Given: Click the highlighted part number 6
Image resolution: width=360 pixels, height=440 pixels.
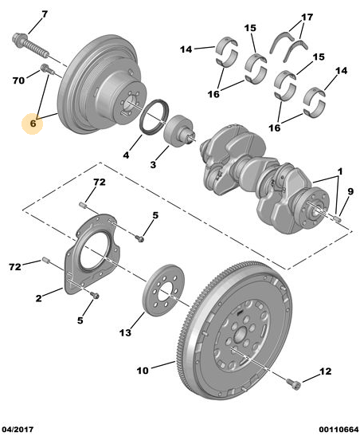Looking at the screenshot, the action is point(33,124).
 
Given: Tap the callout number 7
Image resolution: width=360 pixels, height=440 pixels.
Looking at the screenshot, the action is point(45,14).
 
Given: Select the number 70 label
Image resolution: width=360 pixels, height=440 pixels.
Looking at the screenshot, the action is point(18,81).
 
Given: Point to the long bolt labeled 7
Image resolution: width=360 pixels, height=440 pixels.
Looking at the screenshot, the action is point(30,45).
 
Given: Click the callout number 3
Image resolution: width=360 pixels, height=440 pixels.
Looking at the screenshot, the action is point(153,164).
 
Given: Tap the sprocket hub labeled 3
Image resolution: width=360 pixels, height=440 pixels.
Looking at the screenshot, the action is point(179,131).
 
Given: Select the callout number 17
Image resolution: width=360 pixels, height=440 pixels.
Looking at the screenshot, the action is point(307,18).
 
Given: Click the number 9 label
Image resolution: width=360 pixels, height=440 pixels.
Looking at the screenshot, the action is point(350,191).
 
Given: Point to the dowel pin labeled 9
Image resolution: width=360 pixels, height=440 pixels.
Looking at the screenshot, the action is point(337,218).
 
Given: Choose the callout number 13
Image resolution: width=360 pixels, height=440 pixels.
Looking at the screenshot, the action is point(125,333).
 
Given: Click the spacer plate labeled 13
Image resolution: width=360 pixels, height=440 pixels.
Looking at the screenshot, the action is point(163,290).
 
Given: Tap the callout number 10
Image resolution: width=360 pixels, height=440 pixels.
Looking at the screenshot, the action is point(143,371).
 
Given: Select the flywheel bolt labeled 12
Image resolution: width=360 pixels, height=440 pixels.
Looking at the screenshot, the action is point(294,383).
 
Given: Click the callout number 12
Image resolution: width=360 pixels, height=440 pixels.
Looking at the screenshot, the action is point(326,371).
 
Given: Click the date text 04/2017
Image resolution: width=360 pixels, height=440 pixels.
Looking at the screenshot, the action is point(18,430).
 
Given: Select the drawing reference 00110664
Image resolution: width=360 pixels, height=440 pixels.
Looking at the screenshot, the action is point(338,430).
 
